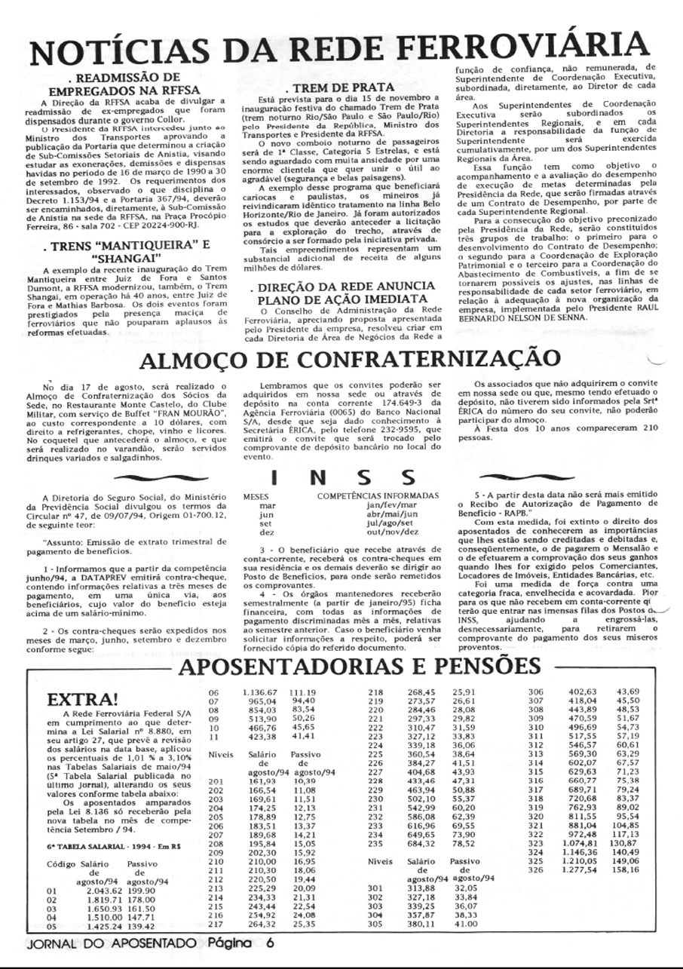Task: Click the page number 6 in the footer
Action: tap(269, 943)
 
